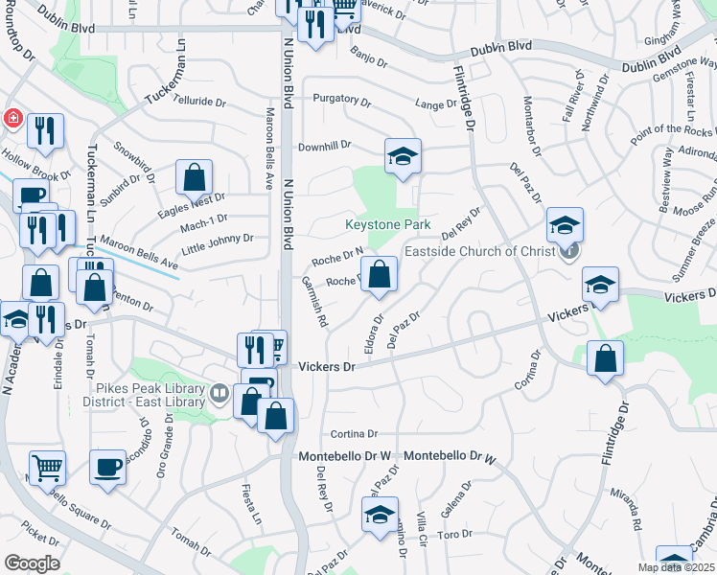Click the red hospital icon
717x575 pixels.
pos(12,118)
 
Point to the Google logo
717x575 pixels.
pos(32,563)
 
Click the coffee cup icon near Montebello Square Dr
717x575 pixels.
pos(107,468)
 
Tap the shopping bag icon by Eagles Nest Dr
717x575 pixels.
pos(194,177)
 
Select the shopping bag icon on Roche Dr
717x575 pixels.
pos(380,273)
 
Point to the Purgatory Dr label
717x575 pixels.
pos(341,99)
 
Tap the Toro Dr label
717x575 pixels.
pos(449,533)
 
